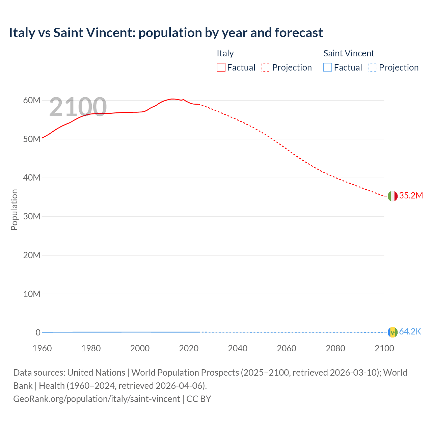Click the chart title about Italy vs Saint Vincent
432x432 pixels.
point(166,33)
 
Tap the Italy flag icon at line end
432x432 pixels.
point(393,196)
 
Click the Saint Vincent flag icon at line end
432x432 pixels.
point(393,332)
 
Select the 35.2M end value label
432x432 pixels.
point(411,196)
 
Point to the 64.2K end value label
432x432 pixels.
point(410,332)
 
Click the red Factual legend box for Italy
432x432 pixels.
point(221,67)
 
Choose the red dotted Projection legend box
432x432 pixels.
point(266,67)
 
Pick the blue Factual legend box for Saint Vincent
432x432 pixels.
point(328,67)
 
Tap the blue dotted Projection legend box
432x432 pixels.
point(373,67)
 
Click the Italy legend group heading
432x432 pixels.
point(225,53)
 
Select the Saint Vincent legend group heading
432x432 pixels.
point(349,53)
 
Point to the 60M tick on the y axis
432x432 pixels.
point(32,101)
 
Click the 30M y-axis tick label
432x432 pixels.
point(32,216)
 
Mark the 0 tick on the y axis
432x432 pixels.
point(38,332)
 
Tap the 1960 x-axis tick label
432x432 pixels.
point(42,348)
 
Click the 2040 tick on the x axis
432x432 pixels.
point(238,348)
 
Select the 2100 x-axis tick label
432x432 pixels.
point(384,348)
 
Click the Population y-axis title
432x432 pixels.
point(14,210)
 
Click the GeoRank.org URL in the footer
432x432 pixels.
point(97,399)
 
